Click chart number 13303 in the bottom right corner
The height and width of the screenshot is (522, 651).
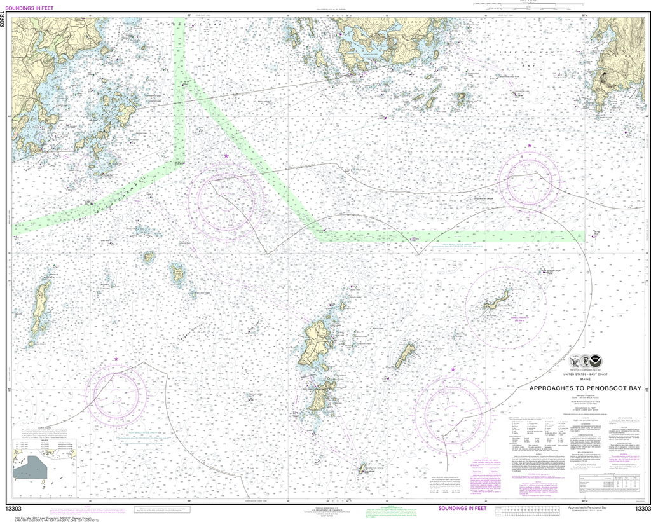[x=641, y=509]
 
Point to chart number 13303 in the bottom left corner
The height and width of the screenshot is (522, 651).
[x=13, y=509]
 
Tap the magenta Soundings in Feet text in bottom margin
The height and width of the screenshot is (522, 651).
[x=462, y=509]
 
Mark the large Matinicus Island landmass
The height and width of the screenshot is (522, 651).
[x=315, y=344]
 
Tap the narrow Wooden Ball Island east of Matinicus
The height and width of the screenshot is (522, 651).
[x=405, y=355]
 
